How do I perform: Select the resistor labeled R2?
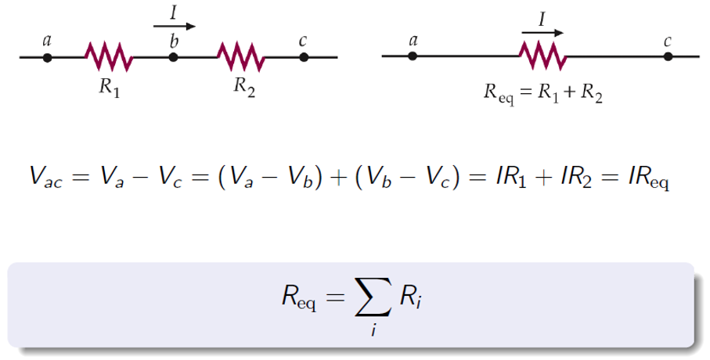(240, 56)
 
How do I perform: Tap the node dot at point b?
(173, 57)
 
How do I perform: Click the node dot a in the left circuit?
(48, 57)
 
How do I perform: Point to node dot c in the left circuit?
(304, 57)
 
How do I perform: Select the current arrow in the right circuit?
(542, 33)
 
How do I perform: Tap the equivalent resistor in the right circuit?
(542, 56)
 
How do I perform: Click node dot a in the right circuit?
(413, 56)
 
